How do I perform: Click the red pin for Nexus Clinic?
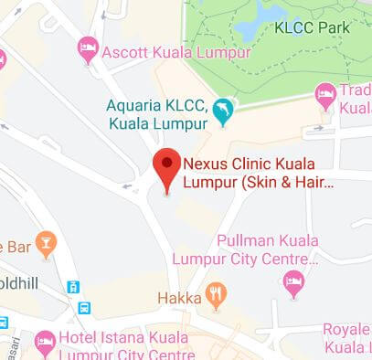tap(165, 166)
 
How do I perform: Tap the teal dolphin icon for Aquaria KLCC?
tap(223, 111)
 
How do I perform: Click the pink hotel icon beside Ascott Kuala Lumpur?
tap(88, 47)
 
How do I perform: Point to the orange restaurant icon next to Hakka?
tap(216, 294)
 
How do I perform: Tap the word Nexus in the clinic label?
tap(203, 166)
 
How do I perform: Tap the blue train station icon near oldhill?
tap(73, 287)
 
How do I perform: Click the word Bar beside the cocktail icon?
tap(18, 247)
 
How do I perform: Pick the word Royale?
tap(345, 329)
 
